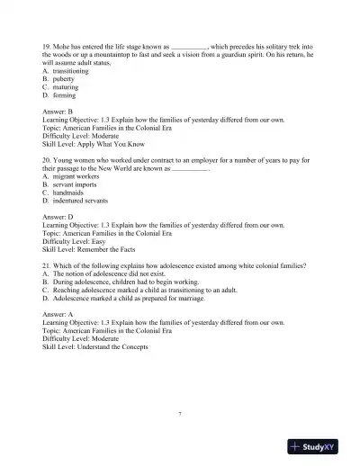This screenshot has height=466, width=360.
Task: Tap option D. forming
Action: click(x=65, y=94)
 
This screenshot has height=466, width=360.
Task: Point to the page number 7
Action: click(x=180, y=413)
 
